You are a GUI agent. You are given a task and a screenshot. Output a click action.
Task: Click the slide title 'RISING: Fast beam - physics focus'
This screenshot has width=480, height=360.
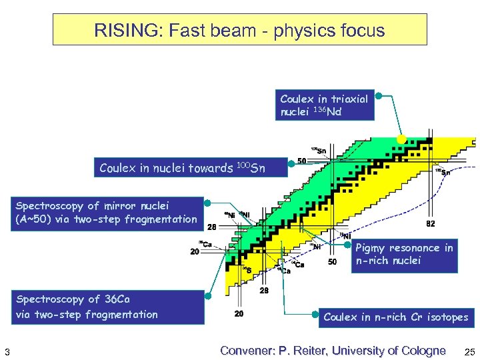pos(239,30)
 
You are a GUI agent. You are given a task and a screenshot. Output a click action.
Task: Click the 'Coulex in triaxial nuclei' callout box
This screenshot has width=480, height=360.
pos(325,105)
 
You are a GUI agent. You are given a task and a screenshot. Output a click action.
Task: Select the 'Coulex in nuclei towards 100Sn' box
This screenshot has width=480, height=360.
pos(190,168)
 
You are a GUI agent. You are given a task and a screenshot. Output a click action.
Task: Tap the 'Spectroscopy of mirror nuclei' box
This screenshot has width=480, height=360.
pos(107,213)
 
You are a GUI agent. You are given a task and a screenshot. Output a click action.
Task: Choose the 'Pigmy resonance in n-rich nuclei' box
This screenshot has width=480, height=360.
pos(404,255)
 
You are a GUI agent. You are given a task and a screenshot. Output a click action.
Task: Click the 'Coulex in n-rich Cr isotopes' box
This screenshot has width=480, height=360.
pos(395,317)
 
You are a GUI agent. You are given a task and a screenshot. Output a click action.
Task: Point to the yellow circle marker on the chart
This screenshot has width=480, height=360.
pos(401,139)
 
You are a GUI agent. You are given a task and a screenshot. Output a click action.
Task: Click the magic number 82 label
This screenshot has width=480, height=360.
pos(431,224)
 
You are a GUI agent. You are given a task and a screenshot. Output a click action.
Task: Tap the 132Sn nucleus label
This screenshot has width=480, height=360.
pos(442,171)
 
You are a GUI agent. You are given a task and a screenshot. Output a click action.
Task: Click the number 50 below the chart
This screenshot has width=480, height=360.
pos(332,262)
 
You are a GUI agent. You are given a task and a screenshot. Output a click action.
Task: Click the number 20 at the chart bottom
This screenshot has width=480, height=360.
pos(239,313)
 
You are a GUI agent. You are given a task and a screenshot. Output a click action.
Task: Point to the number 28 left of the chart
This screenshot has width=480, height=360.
pos(211,227)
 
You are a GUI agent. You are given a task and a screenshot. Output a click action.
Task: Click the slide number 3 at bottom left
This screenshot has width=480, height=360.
pos(6,351)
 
